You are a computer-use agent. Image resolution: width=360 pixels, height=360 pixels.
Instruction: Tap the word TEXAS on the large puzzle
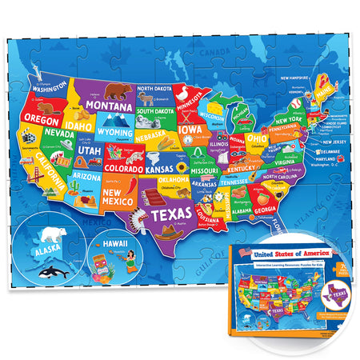[172, 214]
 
